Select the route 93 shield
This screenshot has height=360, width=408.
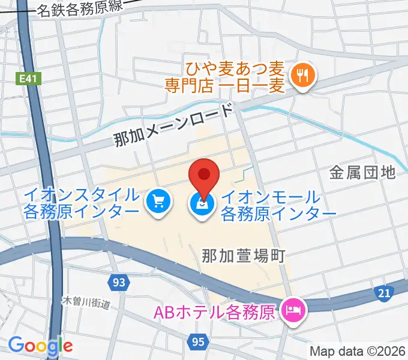(x=119, y=281)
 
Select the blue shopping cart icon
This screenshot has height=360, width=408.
(x=158, y=203)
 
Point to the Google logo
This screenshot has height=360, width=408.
(x=40, y=345)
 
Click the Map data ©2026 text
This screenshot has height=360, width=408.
(x=358, y=351)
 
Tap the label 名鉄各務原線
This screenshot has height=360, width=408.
(x=89, y=9)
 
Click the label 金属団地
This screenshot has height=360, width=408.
(x=362, y=173)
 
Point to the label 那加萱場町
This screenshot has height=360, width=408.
(x=242, y=255)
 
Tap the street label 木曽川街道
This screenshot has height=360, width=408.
(x=88, y=302)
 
